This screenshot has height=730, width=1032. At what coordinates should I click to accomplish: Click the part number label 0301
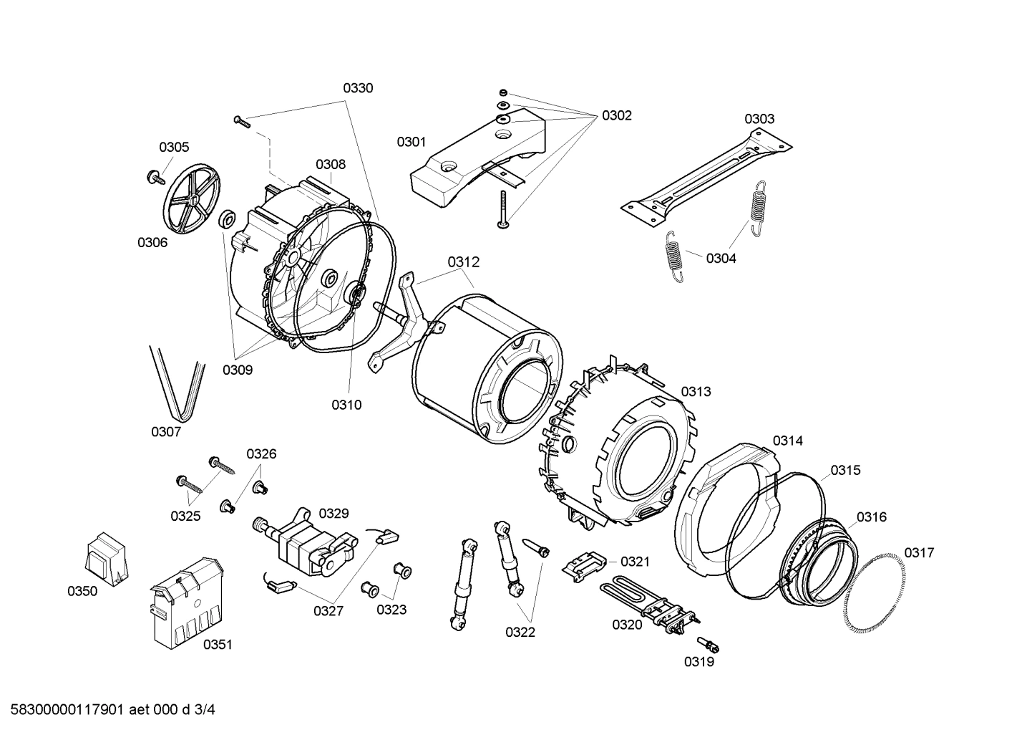tap(412, 142)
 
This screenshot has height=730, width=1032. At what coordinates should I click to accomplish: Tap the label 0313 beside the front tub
tap(696, 391)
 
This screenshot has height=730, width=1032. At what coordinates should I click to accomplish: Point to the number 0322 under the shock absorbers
tap(520, 632)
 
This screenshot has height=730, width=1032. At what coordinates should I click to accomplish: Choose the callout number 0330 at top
tap(358, 88)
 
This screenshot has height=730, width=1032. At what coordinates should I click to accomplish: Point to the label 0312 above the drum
tap(464, 262)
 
